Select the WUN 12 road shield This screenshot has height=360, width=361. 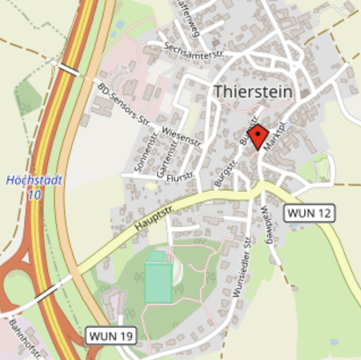(309, 213)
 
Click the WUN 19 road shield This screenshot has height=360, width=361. (111, 336)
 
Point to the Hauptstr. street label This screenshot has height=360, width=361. (155, 218)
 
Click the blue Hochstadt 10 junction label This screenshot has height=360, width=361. (34, 188)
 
